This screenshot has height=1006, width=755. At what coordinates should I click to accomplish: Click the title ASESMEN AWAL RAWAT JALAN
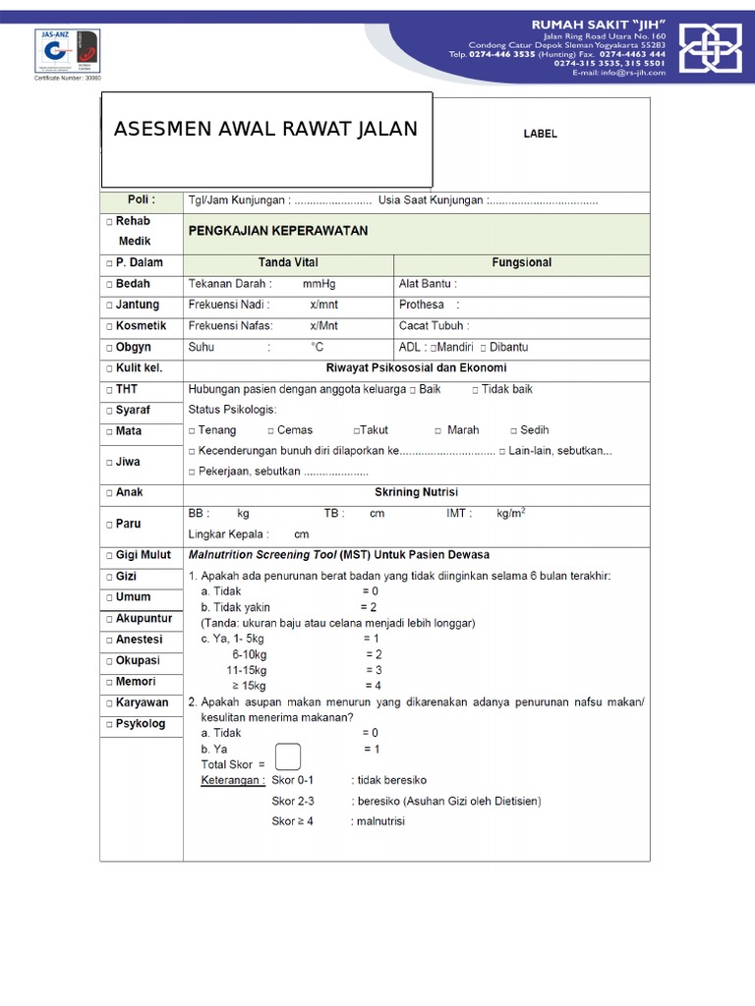coord(265,130)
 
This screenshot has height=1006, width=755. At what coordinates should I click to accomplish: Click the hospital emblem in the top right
coord(711,46)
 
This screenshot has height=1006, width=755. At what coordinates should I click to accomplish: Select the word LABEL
coord(540,134)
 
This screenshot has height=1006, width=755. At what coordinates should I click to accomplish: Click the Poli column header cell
coord(142,199)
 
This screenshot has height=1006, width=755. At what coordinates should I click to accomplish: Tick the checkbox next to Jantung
coord(109,306)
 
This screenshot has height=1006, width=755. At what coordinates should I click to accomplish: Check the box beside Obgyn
coord(109,348)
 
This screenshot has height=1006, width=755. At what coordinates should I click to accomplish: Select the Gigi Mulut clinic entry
coord(143,555)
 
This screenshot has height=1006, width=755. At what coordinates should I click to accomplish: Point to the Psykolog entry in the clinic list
coord(141,724)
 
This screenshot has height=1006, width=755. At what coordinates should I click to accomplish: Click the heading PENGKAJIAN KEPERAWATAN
coord(278,231)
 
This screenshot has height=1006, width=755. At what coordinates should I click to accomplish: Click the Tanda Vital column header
coord(288,263)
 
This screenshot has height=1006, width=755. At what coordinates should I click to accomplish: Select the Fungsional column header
coord(521,263)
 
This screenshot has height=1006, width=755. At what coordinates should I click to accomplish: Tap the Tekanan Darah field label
coord(229,284)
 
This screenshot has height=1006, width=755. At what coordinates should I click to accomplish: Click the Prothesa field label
coord(422,305)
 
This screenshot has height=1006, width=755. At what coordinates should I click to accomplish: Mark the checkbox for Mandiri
coord(434,348)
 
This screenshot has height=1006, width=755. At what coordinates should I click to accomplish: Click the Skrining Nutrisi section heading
coord(416,492)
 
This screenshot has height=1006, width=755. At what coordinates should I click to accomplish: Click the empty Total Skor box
coord(288,757)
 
